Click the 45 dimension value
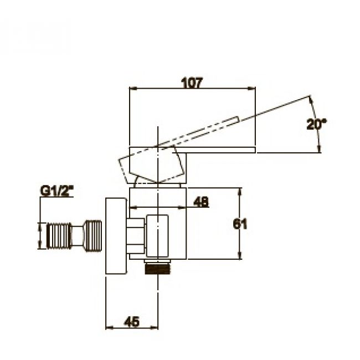pyautogui.click(x=131, y=321)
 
